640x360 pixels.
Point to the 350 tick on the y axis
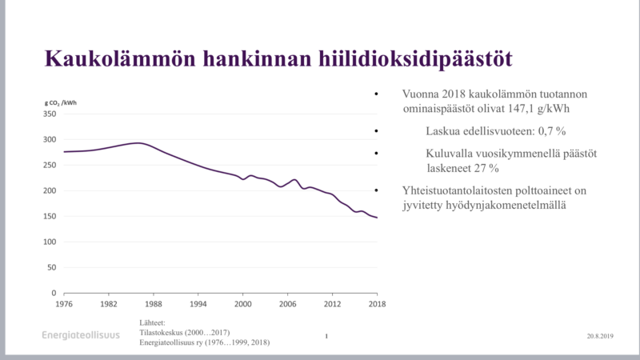(50, 114)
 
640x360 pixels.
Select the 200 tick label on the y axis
(50, 190)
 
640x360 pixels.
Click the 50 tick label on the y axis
(53, 267)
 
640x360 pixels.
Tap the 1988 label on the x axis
(154, 304)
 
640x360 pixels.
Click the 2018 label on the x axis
(377, 304)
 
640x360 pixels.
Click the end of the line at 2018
(377, 218)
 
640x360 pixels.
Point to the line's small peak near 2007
(294, 180)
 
